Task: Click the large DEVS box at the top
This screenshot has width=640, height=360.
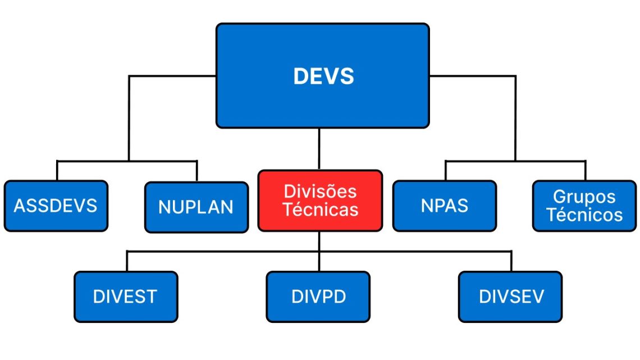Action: tap(322, 76)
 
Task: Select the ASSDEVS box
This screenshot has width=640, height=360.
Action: tap(56, 206)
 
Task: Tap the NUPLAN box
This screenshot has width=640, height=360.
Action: tap(196, 207)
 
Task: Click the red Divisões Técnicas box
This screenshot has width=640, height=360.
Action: tap(321, 201)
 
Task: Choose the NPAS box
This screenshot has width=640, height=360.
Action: tap(445, 206)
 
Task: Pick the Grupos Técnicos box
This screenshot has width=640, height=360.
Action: tap(584, 206)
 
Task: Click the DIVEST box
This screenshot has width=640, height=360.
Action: tap(126, 297)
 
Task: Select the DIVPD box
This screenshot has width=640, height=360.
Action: tap(318, 297)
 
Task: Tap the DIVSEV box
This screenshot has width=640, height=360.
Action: tap(510, 297)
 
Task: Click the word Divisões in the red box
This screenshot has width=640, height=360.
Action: tap(320, 192)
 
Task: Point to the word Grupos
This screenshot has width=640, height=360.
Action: tap(584, 197)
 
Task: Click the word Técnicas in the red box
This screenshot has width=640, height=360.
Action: tap(321, 209)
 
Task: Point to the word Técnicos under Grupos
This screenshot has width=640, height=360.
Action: tap(584, 215)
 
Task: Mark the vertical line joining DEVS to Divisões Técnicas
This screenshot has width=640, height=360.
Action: tap(319, 149)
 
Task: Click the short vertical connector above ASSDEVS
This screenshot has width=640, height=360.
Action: tap(57, 171)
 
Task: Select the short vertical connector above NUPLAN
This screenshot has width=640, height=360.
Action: tap(197, 171)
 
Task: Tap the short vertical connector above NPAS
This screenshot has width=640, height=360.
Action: tap(445, 171)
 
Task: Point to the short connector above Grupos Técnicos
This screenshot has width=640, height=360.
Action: tap(586, 171)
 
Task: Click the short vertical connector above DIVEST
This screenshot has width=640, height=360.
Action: tap(127, 261)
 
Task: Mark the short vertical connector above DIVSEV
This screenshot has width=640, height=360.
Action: tap(511, 261)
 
